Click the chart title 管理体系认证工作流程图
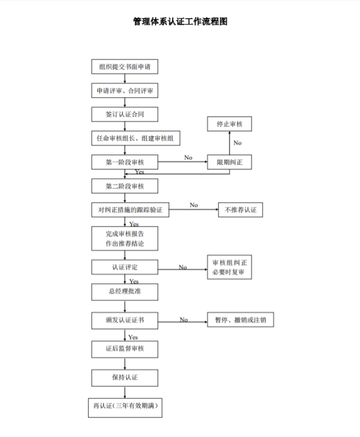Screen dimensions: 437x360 point(180,22)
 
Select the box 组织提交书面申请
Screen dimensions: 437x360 point(125,67)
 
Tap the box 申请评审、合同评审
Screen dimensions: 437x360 point(125,91)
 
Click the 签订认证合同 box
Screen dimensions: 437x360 point(125,114)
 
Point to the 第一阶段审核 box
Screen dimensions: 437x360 point(125,162)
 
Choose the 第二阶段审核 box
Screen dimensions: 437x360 point(125,186)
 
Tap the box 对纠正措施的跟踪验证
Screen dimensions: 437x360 point(131,210)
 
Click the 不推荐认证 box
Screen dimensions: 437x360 point(240,210)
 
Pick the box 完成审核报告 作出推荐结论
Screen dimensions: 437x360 point(125,239)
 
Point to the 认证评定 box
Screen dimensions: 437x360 point(125,267)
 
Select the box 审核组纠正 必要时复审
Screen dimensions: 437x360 point(229,267)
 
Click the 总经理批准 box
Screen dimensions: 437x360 point(125,291)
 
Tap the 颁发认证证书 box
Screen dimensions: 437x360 point(125,320)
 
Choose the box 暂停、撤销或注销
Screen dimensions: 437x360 point(240,320)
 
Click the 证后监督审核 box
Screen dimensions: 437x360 point(125,349)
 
